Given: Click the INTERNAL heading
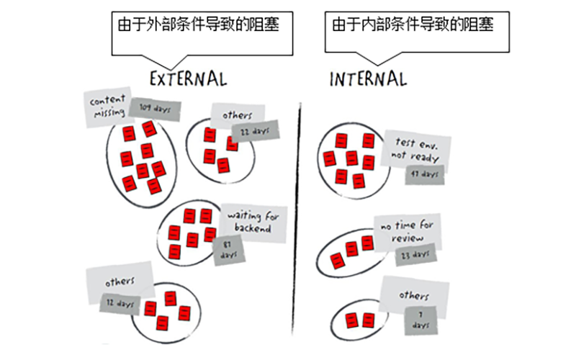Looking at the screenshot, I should point(367,78).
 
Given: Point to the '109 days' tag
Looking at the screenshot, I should point(155,109).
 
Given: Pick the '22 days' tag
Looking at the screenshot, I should point(255,131).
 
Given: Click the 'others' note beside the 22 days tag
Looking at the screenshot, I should point(236,114).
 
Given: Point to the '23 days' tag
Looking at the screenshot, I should point(415,254).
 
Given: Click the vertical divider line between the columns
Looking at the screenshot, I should point(298,216).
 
